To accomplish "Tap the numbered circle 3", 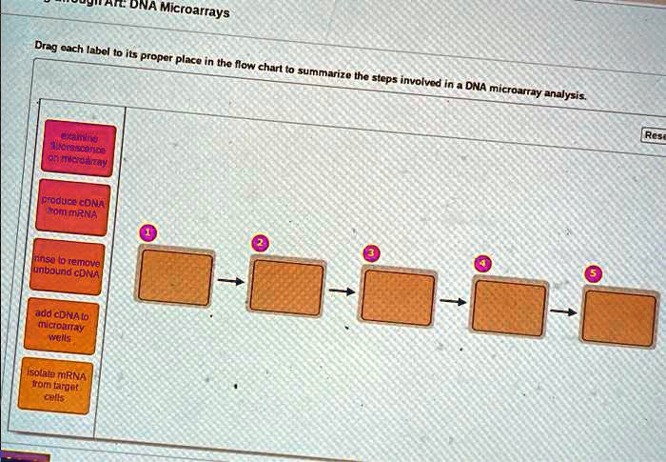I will click(372, 253).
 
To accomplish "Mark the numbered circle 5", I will click(595, 274).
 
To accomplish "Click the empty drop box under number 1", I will click(175, 276).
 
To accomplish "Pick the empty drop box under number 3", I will click(399, 297).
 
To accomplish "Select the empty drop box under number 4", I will click(509, 309).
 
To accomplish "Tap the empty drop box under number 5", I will click(619, 318).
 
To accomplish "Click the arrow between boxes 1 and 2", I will click(231, 282).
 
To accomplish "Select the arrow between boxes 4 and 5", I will click(565, 311).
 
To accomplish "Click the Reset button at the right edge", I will click(655, 136).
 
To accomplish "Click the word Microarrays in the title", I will click(195, 10).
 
